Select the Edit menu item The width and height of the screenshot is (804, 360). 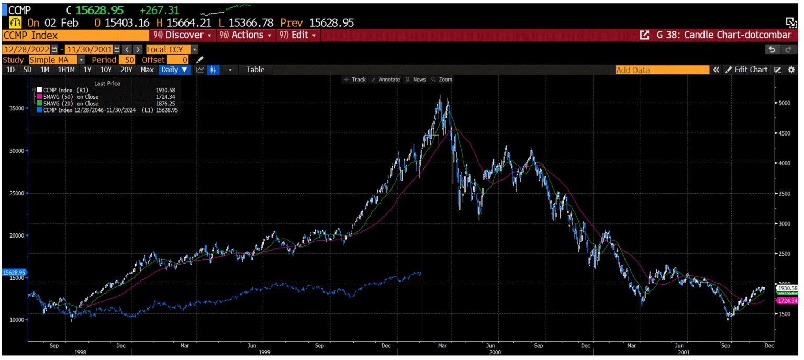pyautogui.click(x=299, y=35)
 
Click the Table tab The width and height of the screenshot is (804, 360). pyautogui.click(x=255, y=70)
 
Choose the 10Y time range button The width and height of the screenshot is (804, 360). pyautogui.click(x=106, y=70)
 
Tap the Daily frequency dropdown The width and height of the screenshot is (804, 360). pyautogui.click(x=174, y=70)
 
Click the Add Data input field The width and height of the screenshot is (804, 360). pyautogui.click(x=662, y=70)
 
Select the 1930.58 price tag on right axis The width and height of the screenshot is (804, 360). pyautogui.click(x=787, y=288)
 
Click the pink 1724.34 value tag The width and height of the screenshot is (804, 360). pyautogui.click(x=787, y=301)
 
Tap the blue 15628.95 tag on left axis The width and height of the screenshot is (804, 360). pyautogui.click(x=13, y=273)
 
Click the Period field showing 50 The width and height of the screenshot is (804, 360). pyautogui.click(x=127, y=60)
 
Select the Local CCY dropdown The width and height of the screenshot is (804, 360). pyautogui.click(x=172, y=49)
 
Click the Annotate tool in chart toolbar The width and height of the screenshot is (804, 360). pyautogui.click(x=386, y=80)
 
